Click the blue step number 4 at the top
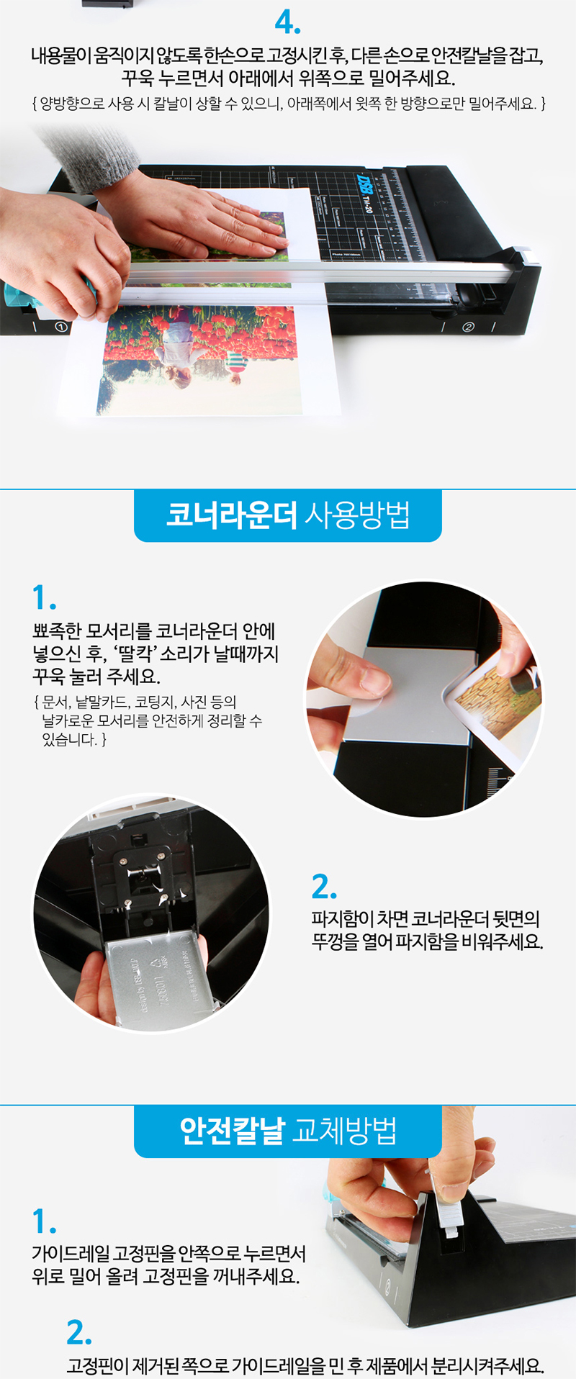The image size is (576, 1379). (x=287, y=24)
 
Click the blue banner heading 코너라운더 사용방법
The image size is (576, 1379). (x=288, y=515)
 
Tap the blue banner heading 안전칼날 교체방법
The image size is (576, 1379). (x=288, y=1131)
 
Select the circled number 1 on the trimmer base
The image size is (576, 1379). (x=60, y=327)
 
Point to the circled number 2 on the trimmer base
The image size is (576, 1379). (x=469, y=327)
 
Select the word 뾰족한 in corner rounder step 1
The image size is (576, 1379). (x=57, y=631)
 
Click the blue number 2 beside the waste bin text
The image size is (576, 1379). (x=324, y=887)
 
